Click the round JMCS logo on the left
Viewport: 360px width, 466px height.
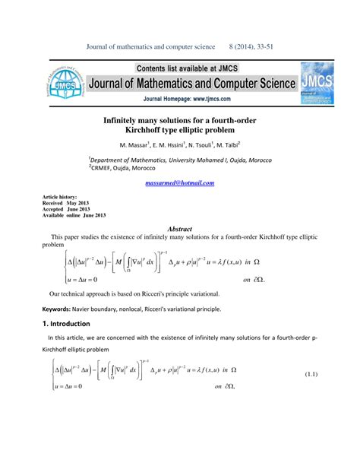[61, 84]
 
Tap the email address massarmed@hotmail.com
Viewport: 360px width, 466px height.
[179, 183]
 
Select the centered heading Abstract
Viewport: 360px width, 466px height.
[179, 229]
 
